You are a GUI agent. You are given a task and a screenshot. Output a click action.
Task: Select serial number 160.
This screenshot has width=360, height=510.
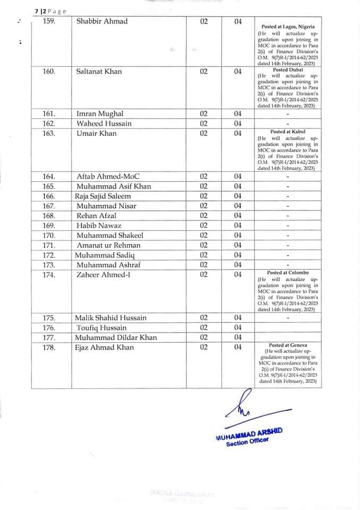tap(49, 72)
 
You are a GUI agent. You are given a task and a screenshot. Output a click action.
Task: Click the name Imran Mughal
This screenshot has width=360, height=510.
tap(100, 114)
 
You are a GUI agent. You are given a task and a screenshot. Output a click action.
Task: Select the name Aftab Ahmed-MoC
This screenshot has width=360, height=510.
tap(108, 176)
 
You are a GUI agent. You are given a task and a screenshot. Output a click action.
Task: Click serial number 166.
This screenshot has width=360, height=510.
tap(49, 196)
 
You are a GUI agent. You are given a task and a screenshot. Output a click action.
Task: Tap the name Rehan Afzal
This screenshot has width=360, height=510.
tap(96, 216)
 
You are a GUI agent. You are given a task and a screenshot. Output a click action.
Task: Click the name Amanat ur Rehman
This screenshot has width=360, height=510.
tap(108, 245)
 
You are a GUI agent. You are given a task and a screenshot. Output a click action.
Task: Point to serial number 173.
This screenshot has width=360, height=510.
tap(49, 265)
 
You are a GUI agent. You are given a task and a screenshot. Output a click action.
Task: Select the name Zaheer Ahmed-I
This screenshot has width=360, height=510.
tap(106, 275)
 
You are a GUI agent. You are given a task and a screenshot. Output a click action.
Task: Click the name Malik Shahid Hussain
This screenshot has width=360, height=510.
tap(111, 318)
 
